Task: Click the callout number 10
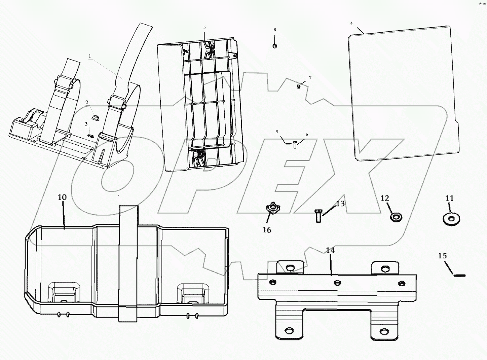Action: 62,197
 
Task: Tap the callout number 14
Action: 330,251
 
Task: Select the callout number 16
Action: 267,230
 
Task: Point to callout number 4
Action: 351,23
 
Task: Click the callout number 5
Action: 204,27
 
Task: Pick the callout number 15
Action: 442,256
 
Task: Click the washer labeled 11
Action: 451,219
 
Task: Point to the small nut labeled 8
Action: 275,46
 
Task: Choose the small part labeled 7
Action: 298,86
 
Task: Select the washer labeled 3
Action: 90,136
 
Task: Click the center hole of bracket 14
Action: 336,282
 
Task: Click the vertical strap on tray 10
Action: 128,262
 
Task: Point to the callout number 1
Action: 90,57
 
